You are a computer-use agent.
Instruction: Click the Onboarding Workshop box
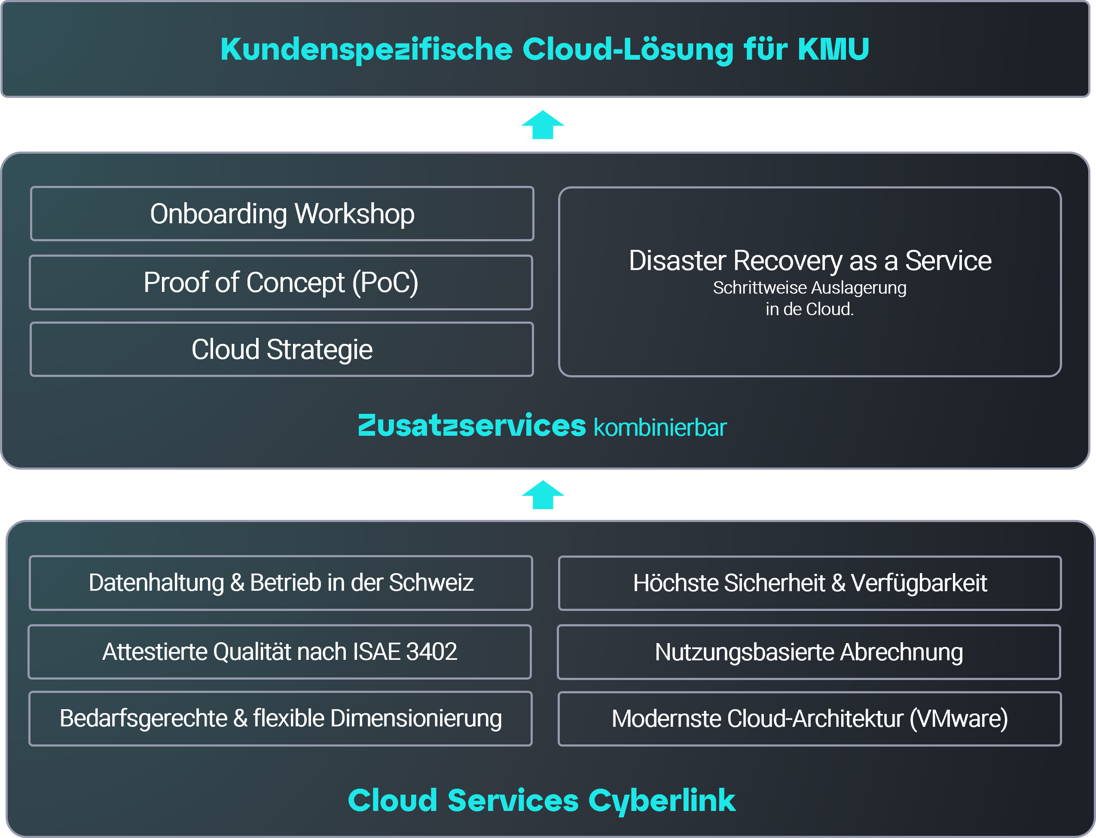point(282,214)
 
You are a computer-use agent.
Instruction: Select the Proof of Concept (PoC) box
point(281,283)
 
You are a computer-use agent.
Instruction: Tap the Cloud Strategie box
point(282,349)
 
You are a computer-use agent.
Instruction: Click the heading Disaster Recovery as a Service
point(809,261)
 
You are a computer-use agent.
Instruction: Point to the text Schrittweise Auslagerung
point(809,288)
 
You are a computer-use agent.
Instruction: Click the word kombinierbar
point(660,428)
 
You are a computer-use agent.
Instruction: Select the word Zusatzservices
point(472,426)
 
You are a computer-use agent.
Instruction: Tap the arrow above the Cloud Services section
point(543,495)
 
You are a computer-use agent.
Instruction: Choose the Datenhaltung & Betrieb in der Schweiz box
point(281,583)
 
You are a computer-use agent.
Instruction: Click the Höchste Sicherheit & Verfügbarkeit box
point(809,583)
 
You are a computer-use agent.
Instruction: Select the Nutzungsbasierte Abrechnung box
point(809,653)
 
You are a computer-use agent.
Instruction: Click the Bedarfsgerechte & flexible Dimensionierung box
point(281,719)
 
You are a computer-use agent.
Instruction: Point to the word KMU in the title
point(833,49)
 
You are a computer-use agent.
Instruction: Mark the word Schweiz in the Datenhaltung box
point(431,583)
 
